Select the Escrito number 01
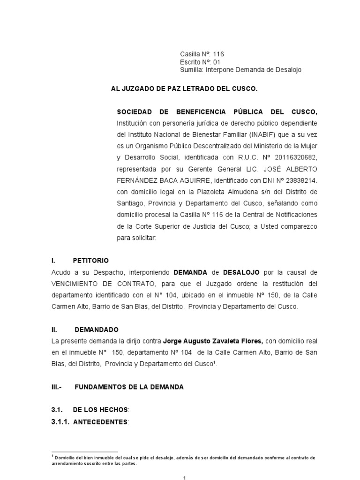pyautogui.click(x=216, y=62)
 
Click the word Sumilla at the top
pyautogui.click(x=192, y=70)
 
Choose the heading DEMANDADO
pyautogui.click(x=99, y=329)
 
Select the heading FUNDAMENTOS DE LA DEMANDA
pyautogui.click(x=129, y=387)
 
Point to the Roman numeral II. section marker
pyautogui.click(x=54, y=329)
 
